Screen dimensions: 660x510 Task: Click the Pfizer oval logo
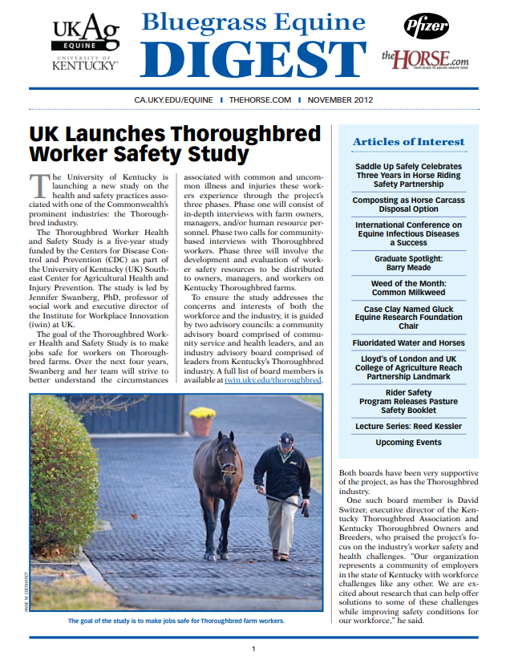point(426,26)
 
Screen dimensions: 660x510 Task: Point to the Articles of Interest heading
point(408,142)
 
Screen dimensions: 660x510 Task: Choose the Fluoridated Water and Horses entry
point(408,342)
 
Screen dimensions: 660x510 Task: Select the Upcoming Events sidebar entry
point(408,442)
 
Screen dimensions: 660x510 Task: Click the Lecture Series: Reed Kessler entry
point(408,426)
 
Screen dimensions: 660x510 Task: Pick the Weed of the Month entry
point(408,288)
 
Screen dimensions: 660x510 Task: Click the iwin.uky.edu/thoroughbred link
point(275,380)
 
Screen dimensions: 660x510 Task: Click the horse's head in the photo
point(226,460)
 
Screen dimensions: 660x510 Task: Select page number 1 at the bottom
point(254,648)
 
